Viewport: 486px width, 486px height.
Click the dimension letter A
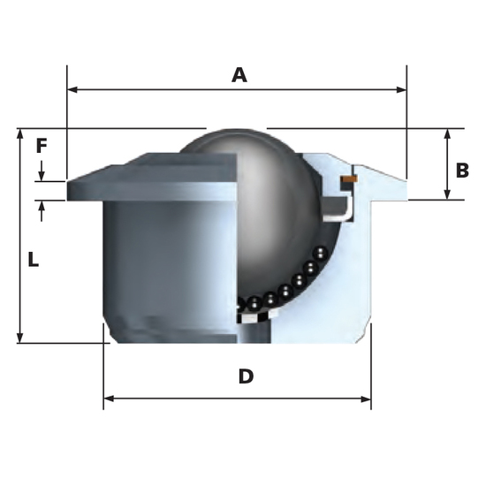[x=239, y=75]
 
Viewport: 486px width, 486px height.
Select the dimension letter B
[x=462, y=171]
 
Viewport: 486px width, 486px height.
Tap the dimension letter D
[x=247, y=376]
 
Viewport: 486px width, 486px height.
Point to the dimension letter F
[x=42, y=146]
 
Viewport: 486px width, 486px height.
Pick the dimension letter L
[x=34, y=260]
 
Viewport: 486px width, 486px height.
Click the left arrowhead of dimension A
[x=72, y=90]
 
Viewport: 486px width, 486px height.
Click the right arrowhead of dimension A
[x=401, y=90]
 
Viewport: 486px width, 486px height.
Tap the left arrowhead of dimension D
[x=109, y=399]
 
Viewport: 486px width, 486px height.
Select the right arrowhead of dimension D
[x=366, y=399]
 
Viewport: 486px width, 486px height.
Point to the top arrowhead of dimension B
[x=447, y=134]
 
